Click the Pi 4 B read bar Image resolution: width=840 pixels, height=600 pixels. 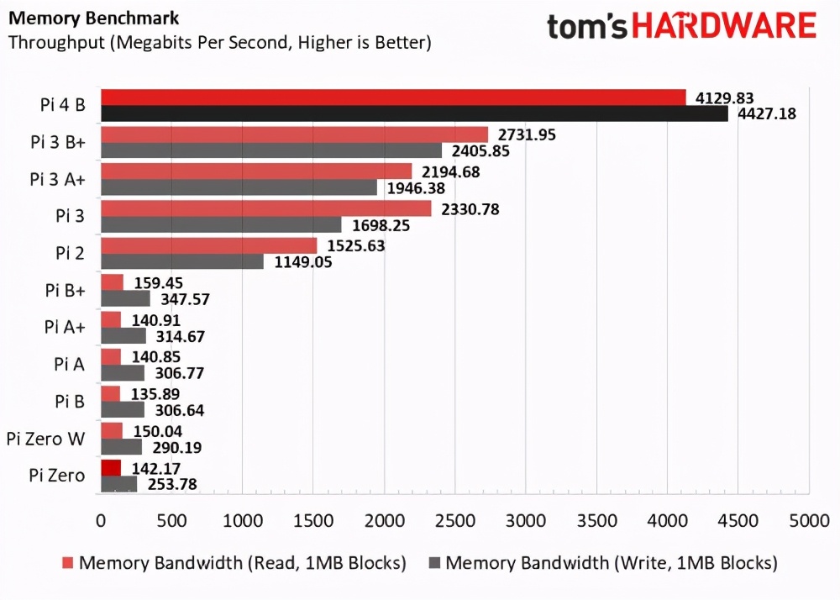click(x=393, y=97)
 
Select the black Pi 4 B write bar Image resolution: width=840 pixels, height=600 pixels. click(x=414, y=113)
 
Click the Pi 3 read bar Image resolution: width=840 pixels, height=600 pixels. click(x=265, y=208)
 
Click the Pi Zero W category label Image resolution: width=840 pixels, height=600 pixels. click(x=45, y=438)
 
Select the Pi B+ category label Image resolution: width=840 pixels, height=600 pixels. click(x=65, y=290)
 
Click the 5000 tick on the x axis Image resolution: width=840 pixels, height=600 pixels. click(x=809, y=520)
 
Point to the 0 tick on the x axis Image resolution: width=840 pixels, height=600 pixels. click(x=101, y=520)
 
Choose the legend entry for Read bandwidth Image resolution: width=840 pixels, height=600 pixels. click(x=234, y=562)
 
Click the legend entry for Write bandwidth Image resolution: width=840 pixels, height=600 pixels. click(x=602, y=562)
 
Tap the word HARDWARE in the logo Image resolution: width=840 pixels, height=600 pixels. click(x=723, y=26)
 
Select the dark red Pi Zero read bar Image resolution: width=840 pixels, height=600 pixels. click(x=111, y=468)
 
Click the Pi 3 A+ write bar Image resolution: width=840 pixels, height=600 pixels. click(x=239, y=187)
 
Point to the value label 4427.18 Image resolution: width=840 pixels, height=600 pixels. click(x=765, y=113)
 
